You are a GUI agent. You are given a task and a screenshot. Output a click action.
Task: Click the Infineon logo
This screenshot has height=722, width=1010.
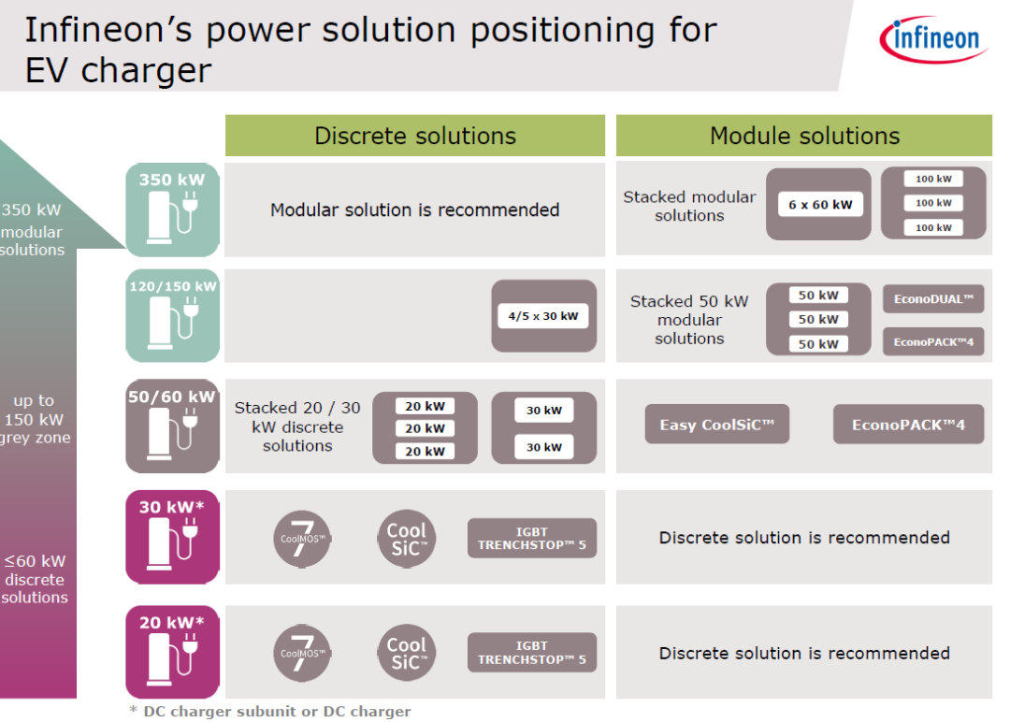click(x=931, y=39)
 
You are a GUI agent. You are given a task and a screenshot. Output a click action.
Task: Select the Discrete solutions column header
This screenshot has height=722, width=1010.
click(x=415, y=136)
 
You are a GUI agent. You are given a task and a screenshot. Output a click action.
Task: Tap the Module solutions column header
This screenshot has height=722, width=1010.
click(x=804, y=136)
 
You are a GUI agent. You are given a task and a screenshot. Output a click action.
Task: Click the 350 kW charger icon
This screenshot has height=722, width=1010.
click(x=173, y=209)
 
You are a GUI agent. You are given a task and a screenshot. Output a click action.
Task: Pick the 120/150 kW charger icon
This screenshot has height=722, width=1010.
click(x=173, y=315)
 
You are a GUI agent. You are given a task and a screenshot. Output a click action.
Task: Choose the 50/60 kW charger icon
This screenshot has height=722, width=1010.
click(x=173, y=426)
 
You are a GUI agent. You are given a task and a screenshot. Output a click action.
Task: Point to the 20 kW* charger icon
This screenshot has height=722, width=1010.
click(x=173, y=652)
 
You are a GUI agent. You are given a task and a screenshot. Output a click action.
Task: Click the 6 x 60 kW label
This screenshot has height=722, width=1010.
click(x=819, y=205)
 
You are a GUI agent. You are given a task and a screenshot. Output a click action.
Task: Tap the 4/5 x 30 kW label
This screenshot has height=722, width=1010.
click(x=543, y=316)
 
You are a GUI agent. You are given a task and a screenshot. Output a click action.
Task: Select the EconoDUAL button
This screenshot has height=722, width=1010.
click(x=933, y=299)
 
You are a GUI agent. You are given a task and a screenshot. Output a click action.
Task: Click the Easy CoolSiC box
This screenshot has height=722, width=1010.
click(x=717, y=425)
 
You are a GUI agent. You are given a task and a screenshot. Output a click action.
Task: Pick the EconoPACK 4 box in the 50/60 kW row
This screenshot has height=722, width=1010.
click(x=908, y=425)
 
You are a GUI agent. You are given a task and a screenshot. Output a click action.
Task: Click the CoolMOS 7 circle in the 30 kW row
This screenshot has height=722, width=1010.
click(x=302, y=537)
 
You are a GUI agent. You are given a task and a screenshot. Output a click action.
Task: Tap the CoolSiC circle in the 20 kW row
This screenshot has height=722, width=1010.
click(x=406, y=652)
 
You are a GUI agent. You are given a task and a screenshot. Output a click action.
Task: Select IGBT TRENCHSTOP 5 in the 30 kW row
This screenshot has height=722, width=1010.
click(x=532, y=538)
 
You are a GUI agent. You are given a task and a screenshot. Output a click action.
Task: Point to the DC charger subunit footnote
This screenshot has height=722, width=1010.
click(x=270, y=712)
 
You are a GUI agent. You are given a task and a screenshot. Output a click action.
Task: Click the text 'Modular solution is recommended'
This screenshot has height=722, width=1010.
click(x=415, y=209)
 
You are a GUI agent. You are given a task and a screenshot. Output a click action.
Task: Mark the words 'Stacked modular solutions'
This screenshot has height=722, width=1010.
click(x=689, y=206)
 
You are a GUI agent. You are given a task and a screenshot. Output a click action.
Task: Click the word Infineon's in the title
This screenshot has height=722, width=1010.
click(x=107, y=31)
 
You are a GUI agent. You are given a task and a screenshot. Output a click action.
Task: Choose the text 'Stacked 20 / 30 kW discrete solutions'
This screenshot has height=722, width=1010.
click(x=297, y=426)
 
